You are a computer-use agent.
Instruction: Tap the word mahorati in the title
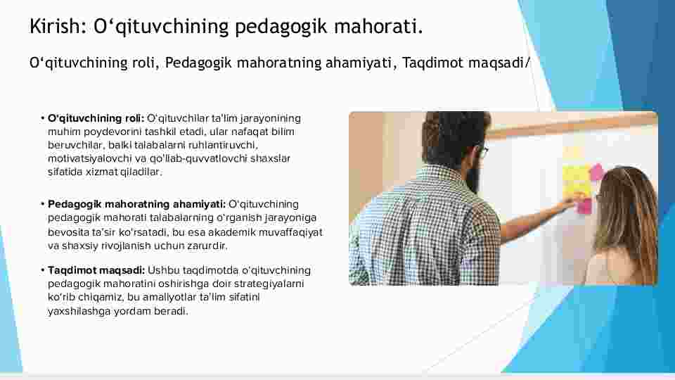click(378, 26)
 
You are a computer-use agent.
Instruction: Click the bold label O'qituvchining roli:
click(96, 118)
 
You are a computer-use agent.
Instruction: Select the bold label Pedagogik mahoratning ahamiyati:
click(136, 204)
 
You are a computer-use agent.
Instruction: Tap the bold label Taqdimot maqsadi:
click(96, 270)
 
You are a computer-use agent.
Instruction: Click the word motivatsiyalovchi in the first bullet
click(89, 158)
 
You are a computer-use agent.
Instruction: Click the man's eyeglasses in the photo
click(482, 152)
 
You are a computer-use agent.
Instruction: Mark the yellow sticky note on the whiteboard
click(577, 180)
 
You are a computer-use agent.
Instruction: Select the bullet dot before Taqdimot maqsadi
click(43, 270)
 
